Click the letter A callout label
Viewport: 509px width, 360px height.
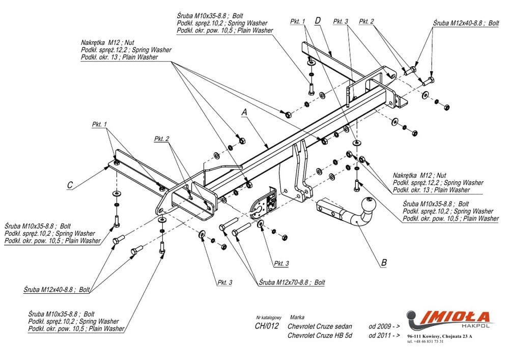(244, 111)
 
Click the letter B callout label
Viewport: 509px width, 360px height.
(384, 263)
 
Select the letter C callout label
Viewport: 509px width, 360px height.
(70, 185)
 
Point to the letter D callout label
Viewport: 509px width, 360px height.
(318, 20)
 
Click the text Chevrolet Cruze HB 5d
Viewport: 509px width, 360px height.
(320, 336)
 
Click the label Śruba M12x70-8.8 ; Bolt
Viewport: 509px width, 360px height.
(292, 282)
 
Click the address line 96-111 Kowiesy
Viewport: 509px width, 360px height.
(440, 337)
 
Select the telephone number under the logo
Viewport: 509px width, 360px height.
(426, 341)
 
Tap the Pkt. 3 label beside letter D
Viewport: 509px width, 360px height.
(341, 21)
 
